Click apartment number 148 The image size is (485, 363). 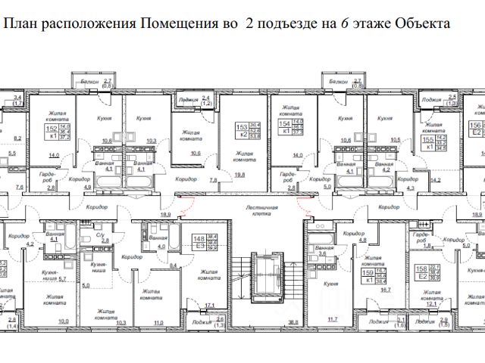[199, 241]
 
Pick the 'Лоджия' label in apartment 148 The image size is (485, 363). [202, 321]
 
